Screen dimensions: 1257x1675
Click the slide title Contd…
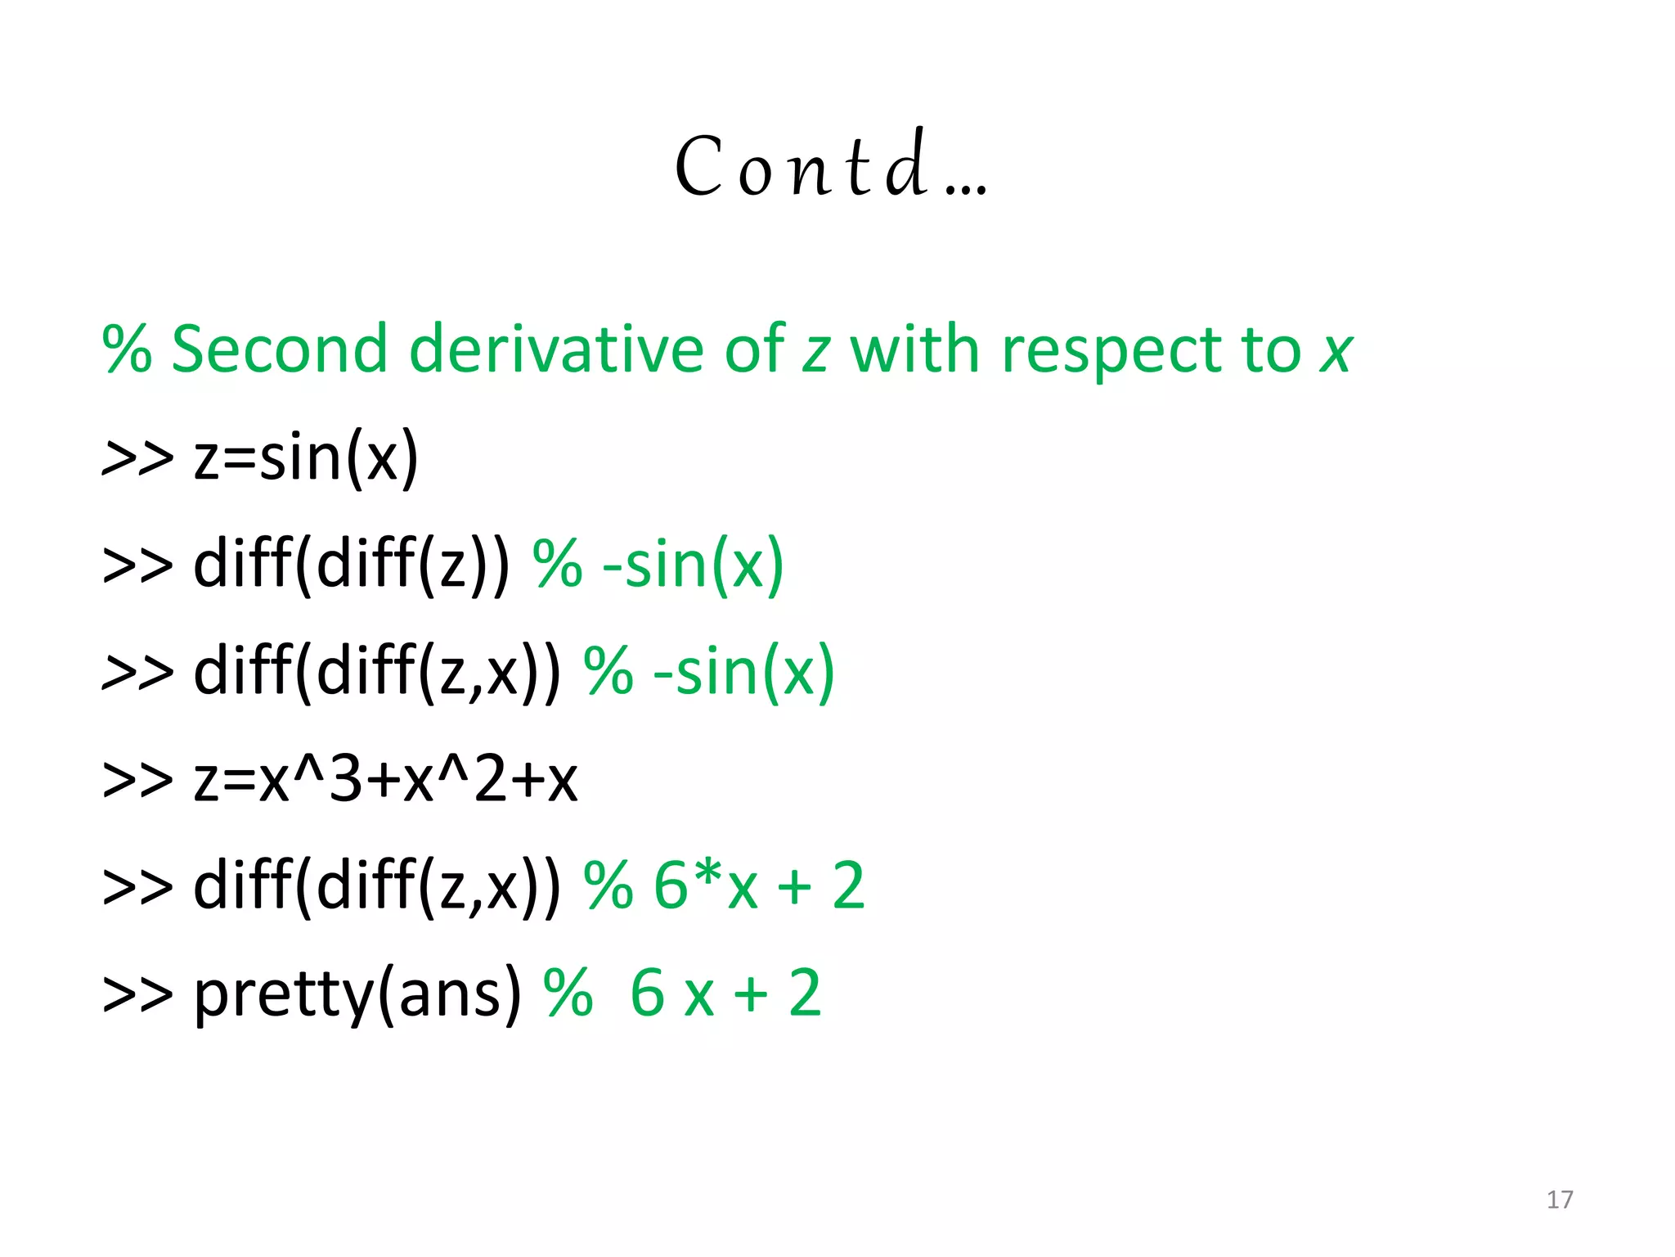tap(830, 167)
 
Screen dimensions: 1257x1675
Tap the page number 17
tap(1560, 1200)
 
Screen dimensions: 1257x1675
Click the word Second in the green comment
tap(279, 349)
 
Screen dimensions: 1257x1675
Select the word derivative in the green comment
tap(556, 349)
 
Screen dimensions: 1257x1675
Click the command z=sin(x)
tap(306, 458)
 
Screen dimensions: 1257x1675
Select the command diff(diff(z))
tap(352, 565)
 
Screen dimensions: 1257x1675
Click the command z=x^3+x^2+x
tap(385, 779)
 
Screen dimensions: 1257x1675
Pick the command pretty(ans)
tap(357, 993)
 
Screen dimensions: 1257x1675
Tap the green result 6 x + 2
tap(725, 993)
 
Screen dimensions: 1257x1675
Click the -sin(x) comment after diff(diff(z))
tap(693, 565)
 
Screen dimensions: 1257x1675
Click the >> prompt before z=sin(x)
tap(137, 458)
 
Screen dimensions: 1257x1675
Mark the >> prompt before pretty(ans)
tap(137, 993)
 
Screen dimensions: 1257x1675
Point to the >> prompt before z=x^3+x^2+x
tap(137, 779)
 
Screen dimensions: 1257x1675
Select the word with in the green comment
tap(915, 349)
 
